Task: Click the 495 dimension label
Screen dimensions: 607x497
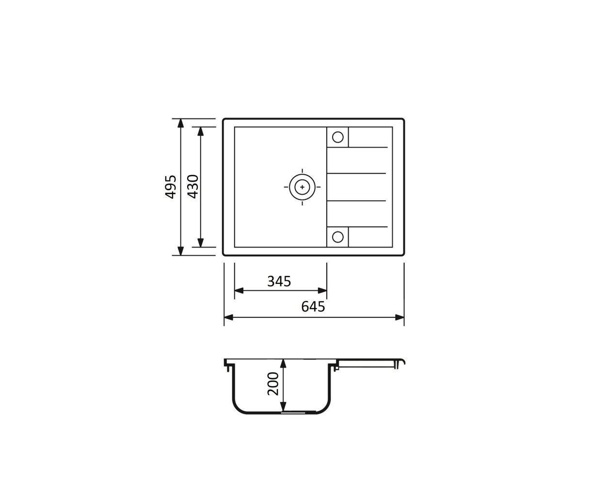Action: [170, 187]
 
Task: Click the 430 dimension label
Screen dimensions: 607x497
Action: [193, 187]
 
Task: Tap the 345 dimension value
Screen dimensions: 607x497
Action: [279, 281]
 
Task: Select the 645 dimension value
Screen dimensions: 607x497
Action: [313, 307]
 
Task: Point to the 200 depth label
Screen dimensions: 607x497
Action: [273, 384]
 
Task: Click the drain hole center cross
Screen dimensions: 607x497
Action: [302, 187]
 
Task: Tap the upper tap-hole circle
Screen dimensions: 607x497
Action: [337, 137]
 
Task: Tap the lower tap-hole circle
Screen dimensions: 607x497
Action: [337, 237]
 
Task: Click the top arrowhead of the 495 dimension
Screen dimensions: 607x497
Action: [180, 123]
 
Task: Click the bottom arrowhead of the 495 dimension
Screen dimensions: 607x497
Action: [180, 251]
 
